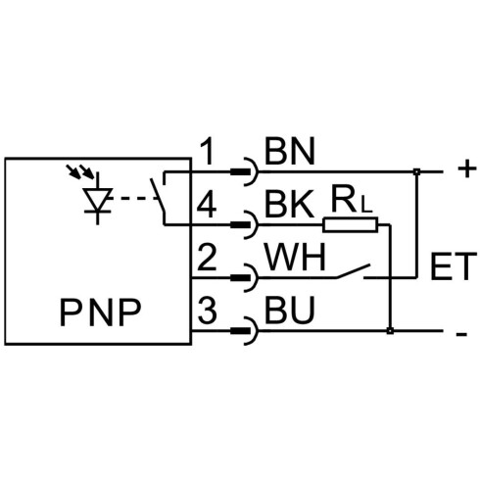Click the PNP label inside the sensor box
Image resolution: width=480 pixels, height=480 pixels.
(x=100, y=312)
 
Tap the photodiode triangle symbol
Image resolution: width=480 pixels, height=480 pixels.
(x=97, y=198)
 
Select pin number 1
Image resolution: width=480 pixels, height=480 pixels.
(x=207, y=151)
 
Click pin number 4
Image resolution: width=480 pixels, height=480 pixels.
(x=207, y=205)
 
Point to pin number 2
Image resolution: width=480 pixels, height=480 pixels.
(x=208, y=258)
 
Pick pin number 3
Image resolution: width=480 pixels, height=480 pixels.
(x=208, y=311)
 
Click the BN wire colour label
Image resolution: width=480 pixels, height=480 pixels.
(x=290, y=151)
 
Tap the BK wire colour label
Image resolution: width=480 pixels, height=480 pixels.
(x=289, y=205)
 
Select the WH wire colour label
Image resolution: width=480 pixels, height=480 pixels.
(x=296, y=258)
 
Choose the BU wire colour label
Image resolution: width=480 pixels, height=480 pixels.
(x=290, y=311)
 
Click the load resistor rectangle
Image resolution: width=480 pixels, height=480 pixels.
(x=351, y=224)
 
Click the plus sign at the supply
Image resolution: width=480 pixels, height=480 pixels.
(x=467, y=168)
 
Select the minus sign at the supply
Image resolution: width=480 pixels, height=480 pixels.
(x=461, y=334)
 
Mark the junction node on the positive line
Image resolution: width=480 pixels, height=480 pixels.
(x=416, y=171)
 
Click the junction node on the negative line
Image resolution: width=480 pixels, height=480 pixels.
(x=390, y=331)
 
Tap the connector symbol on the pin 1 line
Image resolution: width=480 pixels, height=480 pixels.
(x=245, y=171)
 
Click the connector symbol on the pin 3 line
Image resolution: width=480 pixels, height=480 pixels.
(x=245, y=331)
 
